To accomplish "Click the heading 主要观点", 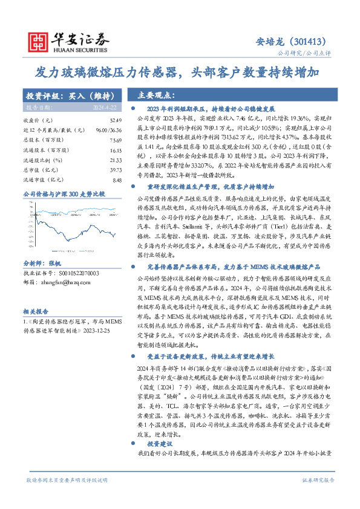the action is pos(155,96).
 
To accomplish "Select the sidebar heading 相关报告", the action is pos(36,311).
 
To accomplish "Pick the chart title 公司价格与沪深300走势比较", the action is pos(64,195).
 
